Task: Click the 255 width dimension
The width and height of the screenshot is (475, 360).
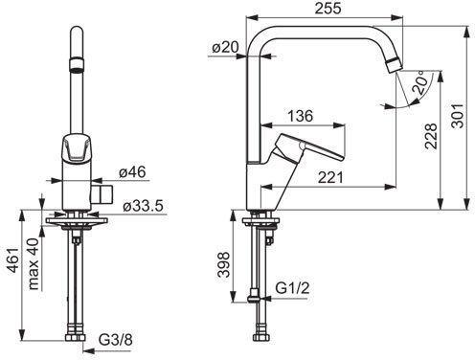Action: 328,9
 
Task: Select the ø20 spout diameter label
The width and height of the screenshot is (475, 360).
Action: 225,48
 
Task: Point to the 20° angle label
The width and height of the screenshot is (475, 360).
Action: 420,83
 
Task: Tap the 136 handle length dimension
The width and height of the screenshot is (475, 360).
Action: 301,116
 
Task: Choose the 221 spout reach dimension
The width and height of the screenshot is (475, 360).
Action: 330,177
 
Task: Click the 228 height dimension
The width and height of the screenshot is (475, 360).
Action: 430,136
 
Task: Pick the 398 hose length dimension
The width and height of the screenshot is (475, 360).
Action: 223,264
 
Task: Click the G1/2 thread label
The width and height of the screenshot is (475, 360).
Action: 292,288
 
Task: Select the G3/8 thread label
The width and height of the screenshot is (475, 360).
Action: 115,340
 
